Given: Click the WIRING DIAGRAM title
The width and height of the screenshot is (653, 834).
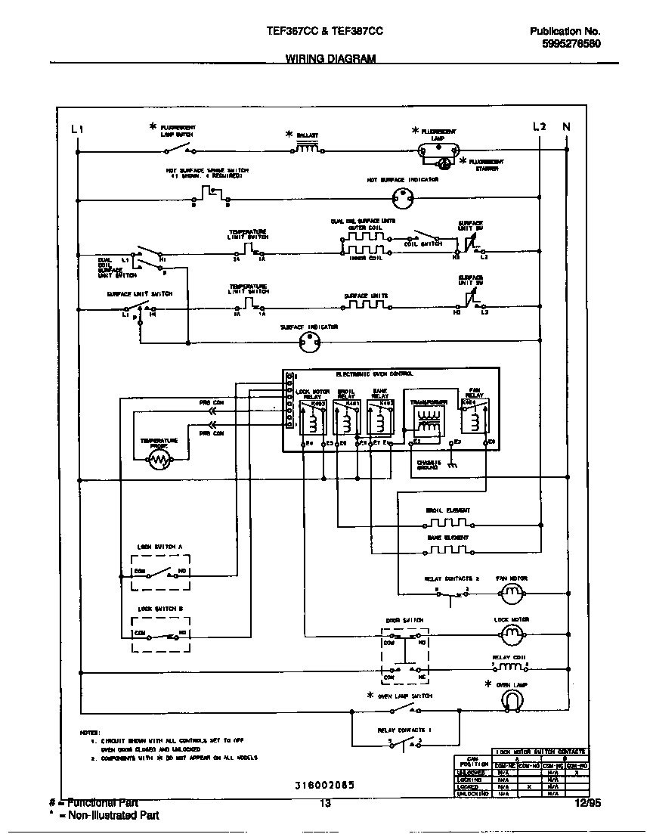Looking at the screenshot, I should [x=330, y=59].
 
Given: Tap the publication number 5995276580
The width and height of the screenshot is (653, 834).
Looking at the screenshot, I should [x=571, y=44].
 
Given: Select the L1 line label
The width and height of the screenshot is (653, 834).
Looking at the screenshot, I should [x=76, y=129].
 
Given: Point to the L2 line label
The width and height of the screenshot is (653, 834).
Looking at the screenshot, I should [x=539, y=126].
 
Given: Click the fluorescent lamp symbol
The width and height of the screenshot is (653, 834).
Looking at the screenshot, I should [x=438, y=150].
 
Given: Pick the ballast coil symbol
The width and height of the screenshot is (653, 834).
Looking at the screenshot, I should [x=306, y=148].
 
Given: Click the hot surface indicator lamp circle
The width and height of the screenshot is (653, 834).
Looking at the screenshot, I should [x=402, y=200].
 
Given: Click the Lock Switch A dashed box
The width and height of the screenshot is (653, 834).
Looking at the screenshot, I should [x=159, y=572].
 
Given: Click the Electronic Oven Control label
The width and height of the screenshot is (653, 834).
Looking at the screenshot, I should [x=374, y=374].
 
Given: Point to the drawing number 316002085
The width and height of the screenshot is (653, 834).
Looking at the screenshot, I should [x=324, y=784].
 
